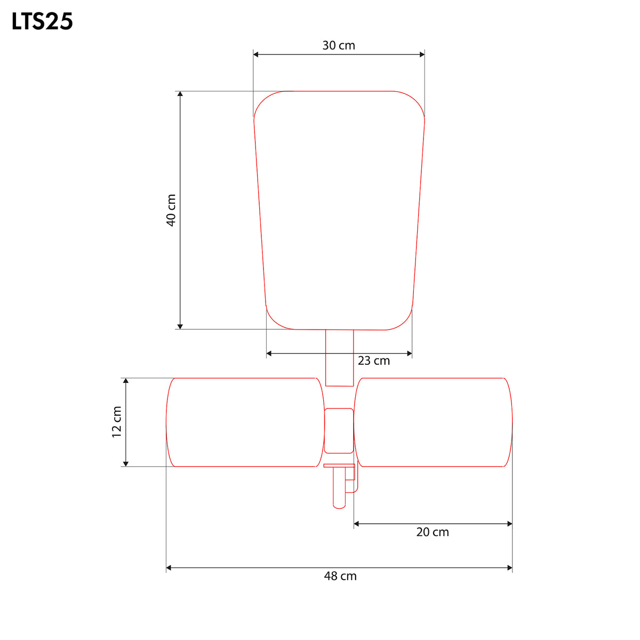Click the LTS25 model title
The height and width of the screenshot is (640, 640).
click(42, 21)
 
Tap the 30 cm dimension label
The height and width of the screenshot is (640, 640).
click(339, 45)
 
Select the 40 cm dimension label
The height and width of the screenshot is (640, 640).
click(171, 210)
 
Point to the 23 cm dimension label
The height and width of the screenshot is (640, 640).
click(374, 361)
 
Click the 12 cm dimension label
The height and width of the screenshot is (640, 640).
click(117, 422)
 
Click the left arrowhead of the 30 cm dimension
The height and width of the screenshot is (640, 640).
click(256, 54)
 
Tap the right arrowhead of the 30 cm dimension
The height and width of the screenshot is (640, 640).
click(422, 54)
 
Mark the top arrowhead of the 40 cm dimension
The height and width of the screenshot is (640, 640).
click(180, 94)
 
